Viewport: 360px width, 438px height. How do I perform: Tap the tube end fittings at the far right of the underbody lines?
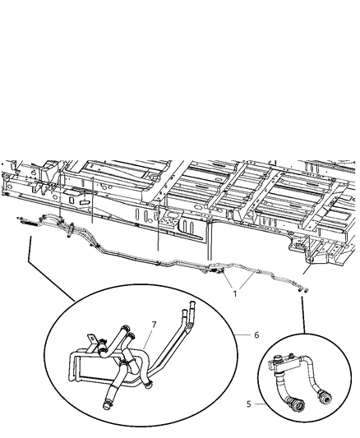(304, 288)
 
